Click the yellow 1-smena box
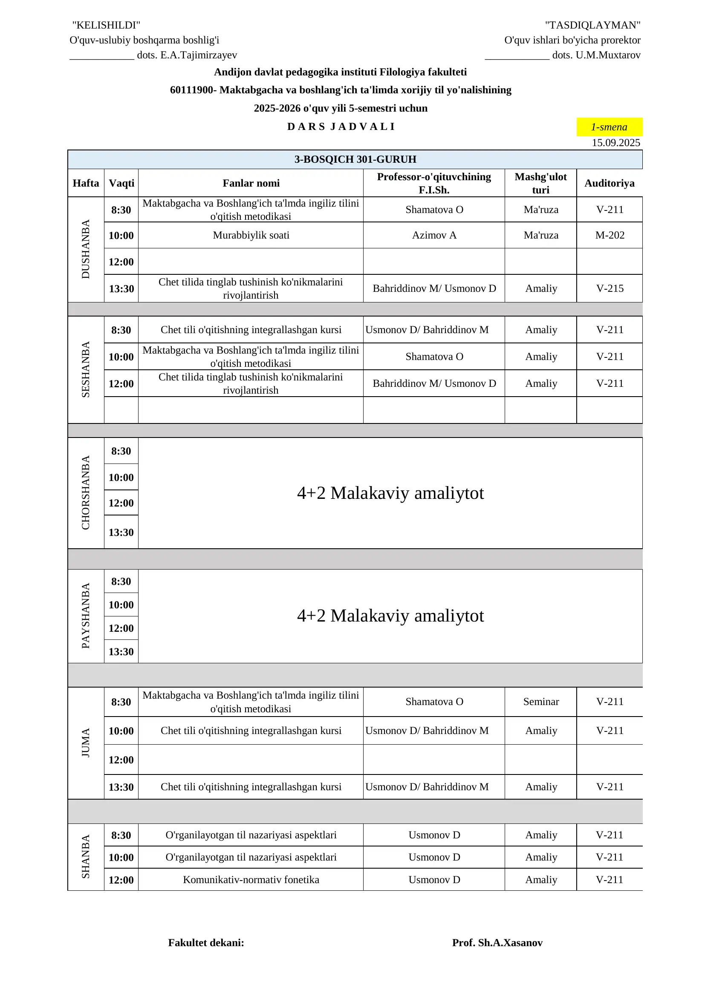(609, 127)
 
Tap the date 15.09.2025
(615, 143)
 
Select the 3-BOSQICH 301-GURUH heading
(355, 159)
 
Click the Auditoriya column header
(609, 183)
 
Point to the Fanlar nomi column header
(251, 183)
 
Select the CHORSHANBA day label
(86, 492)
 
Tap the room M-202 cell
(610, 235)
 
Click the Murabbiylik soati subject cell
(251, 235)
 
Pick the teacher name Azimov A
(434, 235)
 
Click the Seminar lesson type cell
(541, 702)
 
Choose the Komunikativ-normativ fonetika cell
(251, 879)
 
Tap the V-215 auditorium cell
(610, 288)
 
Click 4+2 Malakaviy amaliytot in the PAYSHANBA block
(390, 616)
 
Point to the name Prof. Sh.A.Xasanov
(497, 943)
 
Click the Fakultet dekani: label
(206, 943)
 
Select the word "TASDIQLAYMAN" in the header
(592, 25)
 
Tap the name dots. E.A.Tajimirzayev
(187, 55)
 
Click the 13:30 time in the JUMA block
(121, 787)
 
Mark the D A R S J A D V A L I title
(341, 127)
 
